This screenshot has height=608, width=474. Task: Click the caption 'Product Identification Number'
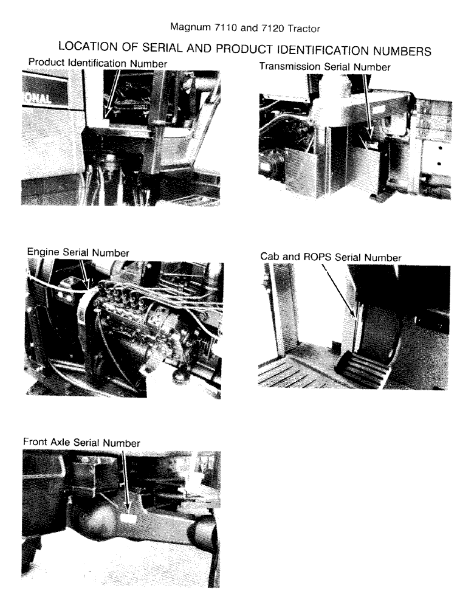97,63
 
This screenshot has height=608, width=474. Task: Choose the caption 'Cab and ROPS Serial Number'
331,258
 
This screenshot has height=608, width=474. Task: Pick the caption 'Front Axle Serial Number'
81,443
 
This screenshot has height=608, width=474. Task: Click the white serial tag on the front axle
128,517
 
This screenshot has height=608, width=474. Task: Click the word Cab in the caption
269,258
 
